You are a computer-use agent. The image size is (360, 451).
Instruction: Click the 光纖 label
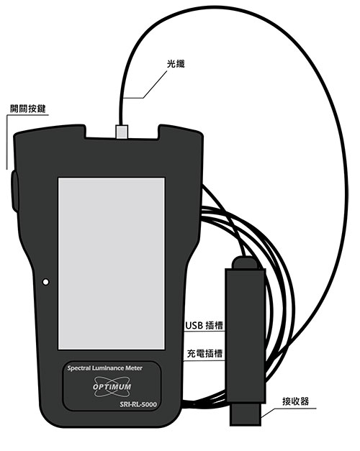(x=176, y=64)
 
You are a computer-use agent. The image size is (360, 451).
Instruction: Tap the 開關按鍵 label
(x=28, y=109)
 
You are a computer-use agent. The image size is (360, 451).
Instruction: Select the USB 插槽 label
(x=204, y=325)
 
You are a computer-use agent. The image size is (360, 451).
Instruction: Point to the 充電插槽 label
(x=204, y=353)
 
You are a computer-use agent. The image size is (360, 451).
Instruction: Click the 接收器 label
(x=295, y=401)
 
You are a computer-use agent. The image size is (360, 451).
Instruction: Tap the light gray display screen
(x=112, y=263)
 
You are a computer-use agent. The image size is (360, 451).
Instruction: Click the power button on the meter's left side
(x=15, y=191)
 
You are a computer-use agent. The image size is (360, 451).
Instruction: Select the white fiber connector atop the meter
(x=122, y=132)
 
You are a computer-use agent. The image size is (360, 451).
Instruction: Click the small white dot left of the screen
(x=45, y=282)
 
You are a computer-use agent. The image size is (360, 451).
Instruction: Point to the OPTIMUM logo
(x=112, y=386)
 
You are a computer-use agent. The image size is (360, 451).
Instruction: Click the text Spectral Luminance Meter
(x=105, y=368)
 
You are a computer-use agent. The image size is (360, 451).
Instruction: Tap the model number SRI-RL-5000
(x=138, y=404)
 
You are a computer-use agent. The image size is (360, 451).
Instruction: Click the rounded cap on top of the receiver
(x=245, y=263)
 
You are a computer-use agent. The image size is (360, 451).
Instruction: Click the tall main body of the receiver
(x=245, y=335)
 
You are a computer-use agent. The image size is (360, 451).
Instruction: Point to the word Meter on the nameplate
(x=134, y=368)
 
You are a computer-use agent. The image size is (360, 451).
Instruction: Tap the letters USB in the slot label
(x=194, y=325)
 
